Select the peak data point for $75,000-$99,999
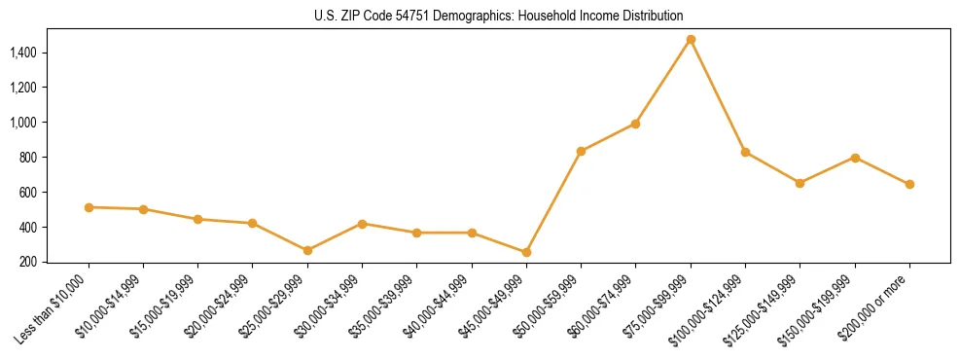tap(691, 40)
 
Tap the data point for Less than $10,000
tap(89, 207)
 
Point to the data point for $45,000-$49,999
tap(526, 252)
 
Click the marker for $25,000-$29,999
tap(307, 250)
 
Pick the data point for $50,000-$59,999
tap(581, 151)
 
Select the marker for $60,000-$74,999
tap(635, 124)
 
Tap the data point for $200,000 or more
tap(909, 184)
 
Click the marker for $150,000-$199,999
tap(855, 158)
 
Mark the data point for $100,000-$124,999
tap(745, 152)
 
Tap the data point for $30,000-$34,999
tap(362, 224)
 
